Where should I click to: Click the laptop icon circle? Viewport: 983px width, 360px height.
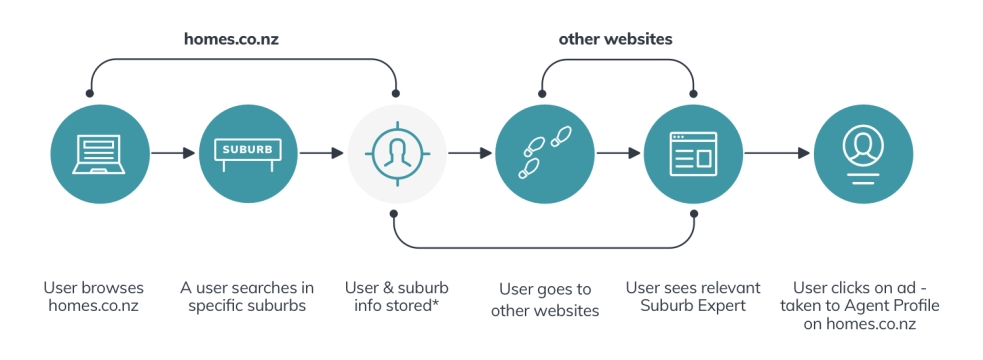[100, 154]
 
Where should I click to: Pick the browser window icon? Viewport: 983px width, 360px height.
[693, 154]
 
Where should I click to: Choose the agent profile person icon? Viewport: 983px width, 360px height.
[863, 154]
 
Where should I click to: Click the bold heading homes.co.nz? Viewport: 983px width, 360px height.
[231, 39]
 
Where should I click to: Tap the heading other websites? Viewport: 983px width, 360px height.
[616, 39]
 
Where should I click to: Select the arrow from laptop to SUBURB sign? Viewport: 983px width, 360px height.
[174, 153]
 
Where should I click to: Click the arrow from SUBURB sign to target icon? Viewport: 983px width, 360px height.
[322, 153]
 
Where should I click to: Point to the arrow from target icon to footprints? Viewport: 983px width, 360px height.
[470, 153]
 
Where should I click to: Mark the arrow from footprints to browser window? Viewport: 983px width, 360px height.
[619, 153]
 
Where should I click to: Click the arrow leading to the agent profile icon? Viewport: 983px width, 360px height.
[777, 153]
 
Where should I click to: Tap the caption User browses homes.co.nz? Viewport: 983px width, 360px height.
[93, 297]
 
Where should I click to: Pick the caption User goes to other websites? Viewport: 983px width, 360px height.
[545, 300]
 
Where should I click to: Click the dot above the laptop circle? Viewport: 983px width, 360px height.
[90, 93]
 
